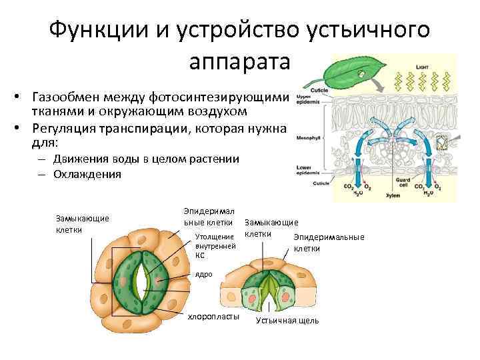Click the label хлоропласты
[x=213, y=315]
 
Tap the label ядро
[x=203, y=274]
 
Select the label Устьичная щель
[x=287, y=321]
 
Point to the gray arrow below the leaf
[x=377, y=87]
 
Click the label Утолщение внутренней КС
[x=214, y=245]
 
